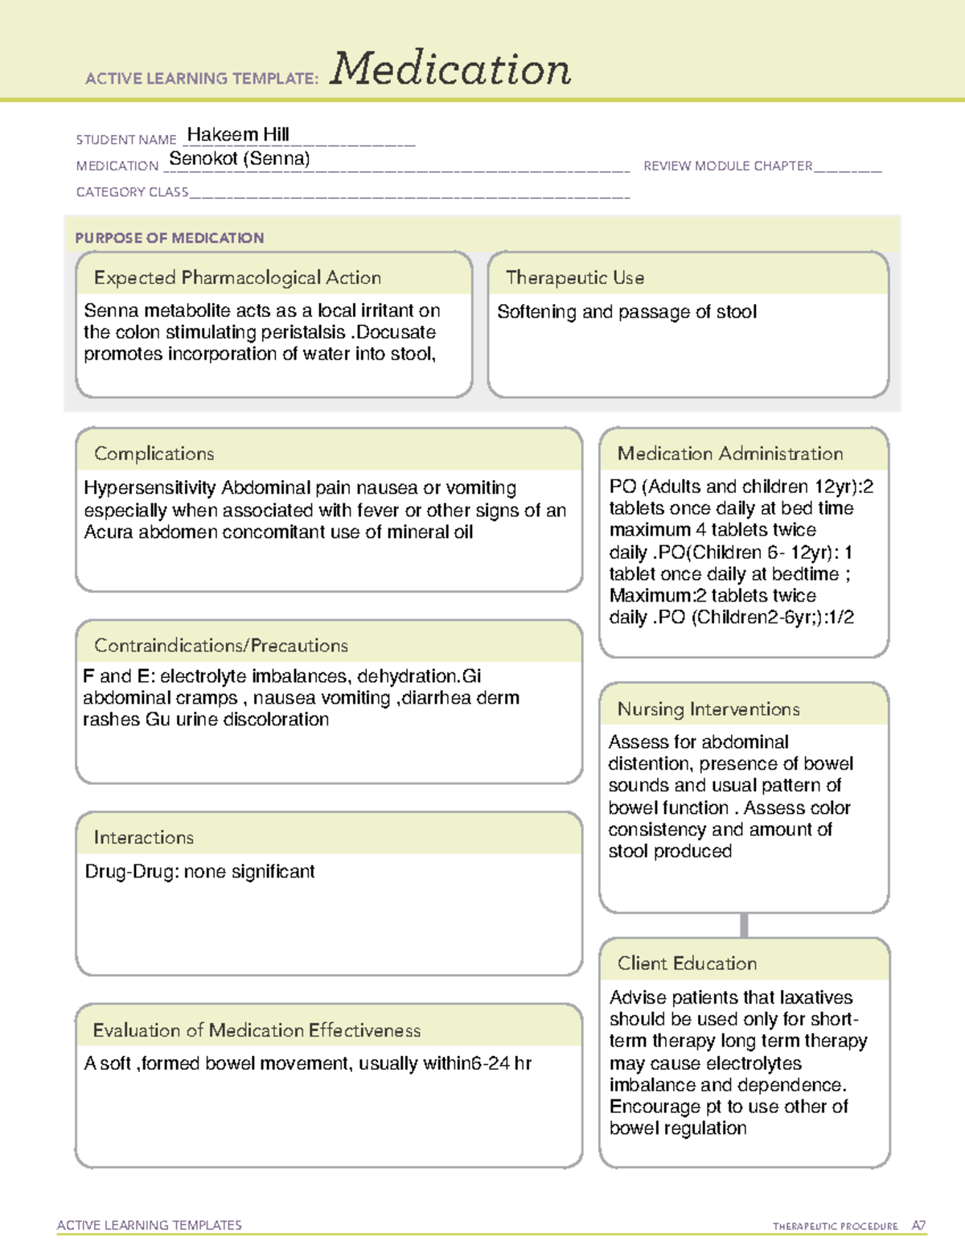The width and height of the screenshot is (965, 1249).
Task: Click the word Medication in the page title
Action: pos(450,69)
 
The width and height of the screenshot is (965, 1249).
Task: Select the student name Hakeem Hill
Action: pos(238,134)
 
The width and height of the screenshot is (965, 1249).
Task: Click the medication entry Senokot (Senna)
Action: pos(240,158)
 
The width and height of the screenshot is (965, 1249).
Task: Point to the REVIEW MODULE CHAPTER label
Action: pos(728,166)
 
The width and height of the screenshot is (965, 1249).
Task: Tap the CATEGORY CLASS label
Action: pos(132,192)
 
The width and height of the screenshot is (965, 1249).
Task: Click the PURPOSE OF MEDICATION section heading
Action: pos(170,238)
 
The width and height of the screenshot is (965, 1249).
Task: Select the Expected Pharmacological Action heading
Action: pos(237,278)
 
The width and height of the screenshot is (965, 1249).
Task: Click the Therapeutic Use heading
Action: pos(575,278)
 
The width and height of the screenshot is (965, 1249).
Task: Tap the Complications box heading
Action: pos(154,454)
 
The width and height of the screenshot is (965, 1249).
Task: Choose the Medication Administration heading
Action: pos(730,454)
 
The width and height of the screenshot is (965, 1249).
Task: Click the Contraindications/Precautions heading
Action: pos(221,646)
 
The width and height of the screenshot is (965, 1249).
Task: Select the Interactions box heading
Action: pos(144,838)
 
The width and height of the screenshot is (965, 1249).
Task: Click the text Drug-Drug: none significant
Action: pos(200,872)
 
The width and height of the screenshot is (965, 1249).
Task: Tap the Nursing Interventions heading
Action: pos(708,709)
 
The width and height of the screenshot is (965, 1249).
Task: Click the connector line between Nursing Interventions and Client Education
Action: pos(744,925)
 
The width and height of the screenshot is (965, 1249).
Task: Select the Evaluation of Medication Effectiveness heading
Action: pos(257,1031)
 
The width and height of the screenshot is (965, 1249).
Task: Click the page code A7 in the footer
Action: pos(918,1226)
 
